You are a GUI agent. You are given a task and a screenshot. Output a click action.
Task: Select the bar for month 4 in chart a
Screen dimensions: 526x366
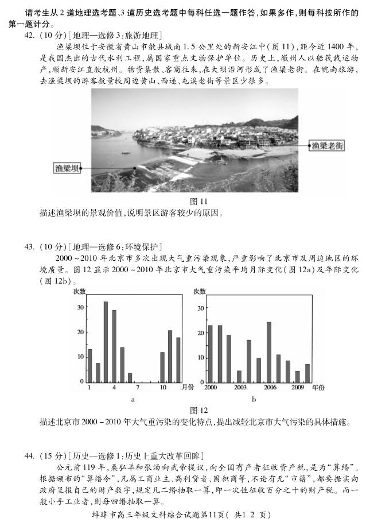tap(114, 347)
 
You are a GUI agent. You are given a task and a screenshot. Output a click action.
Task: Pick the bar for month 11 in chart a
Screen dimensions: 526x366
tap(170, 357)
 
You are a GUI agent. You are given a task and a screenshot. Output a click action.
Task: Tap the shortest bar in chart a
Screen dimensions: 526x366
tap(130, 378)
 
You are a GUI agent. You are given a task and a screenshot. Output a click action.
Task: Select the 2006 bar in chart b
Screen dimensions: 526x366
tap(269, 353)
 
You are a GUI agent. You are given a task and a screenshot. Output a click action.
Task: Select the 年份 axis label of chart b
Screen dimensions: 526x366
tap(318, 388)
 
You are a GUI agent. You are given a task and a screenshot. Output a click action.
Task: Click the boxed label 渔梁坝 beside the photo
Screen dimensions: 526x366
tap(65, 168)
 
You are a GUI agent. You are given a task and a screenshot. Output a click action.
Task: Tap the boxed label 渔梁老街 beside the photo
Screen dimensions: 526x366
tap(328, 146)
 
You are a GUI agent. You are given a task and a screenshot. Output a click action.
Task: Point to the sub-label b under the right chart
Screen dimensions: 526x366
tap(254, 399)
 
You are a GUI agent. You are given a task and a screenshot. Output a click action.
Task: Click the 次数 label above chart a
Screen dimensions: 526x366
tap(79, 291)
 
